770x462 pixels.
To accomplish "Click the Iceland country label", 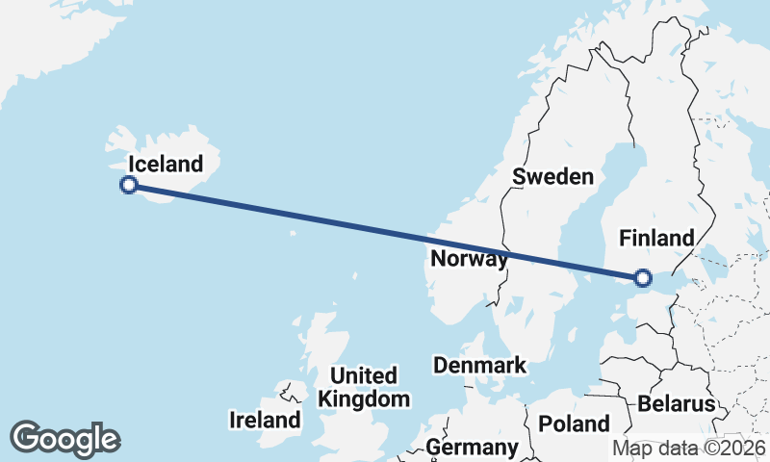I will point(166,164).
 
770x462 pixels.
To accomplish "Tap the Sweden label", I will point(552,176).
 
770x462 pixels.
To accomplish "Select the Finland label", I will point(656,238).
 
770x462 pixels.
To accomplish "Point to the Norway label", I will point(470,259).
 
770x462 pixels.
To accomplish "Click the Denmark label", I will point(479,366).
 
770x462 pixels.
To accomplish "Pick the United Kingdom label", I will point(364,387).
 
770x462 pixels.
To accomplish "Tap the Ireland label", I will point(265,421).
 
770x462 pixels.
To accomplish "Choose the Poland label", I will point(575,423).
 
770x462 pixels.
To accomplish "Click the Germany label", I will point(472,448).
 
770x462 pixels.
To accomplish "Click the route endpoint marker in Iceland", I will point(129,185).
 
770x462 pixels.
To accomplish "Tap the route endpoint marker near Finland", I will point(643,279).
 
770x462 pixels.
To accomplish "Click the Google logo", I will point(64,439).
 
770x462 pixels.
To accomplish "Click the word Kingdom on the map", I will point(364,398).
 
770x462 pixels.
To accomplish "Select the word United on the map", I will point(364,375).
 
